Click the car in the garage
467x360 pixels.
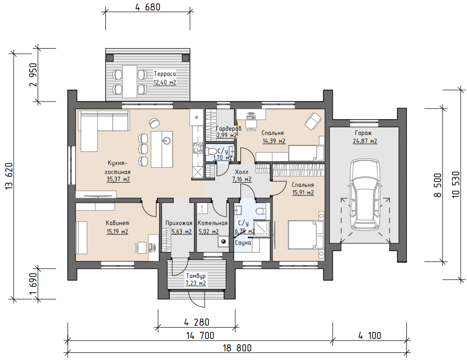(x=365, y=194)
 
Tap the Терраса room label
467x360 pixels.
(x=165, y=73)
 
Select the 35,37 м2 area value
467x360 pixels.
(x=118, y=179)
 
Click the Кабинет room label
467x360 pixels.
(x=117, y=223)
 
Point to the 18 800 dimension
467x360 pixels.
(x=238, y=348)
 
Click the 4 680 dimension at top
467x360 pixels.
(x=148, y=7)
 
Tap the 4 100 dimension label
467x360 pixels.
(x=370, y=336)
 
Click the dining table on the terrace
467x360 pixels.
(x=130, y=81)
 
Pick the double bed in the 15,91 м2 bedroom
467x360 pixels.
(x=306, y=235)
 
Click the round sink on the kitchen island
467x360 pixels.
(x=167, y=140)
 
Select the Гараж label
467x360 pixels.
(x=363, y=133)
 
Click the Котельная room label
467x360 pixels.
(x=212, y=223)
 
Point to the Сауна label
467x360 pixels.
(x=243, y=243)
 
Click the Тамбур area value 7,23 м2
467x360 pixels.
(x=196, y=283)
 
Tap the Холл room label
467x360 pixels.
(x=241, y=172)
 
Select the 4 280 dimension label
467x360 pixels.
(x=197, y=322)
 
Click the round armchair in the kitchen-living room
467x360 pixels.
(x=154, y=122)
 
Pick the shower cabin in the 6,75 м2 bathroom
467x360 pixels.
(x=262, y=229)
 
